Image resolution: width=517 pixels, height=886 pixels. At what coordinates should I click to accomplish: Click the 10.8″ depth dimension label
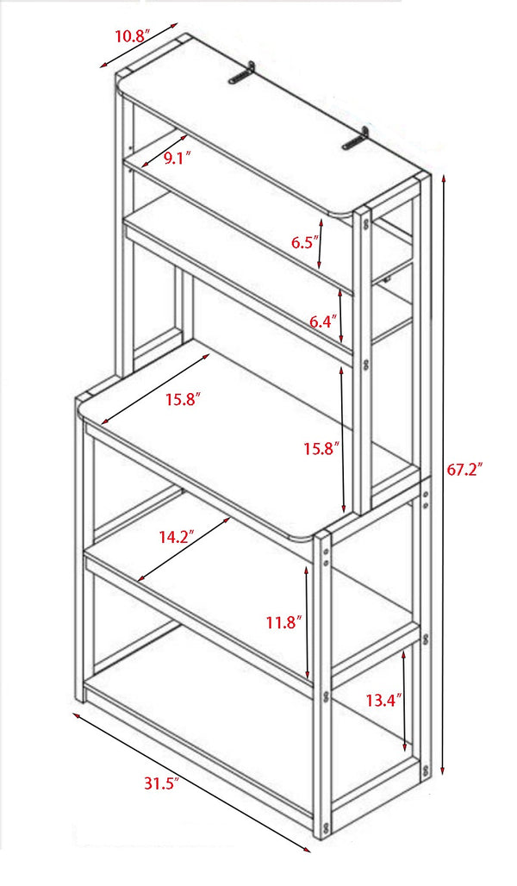pyautogui.click(x=133, y=35)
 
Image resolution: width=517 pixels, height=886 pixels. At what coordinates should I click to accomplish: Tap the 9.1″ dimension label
pyautogui.click(x=178, y=157)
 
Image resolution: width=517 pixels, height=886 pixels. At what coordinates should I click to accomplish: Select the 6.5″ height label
pyautogui.click(x=304, y=242)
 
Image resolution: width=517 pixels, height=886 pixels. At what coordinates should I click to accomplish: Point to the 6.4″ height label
pyautogui.click(x=324, y=322)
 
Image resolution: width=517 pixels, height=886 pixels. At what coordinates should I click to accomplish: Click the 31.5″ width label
pyautogui.click(x=160, y=783)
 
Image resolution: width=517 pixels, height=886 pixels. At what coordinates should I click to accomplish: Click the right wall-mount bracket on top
pyautogui.click(x=356, y=139)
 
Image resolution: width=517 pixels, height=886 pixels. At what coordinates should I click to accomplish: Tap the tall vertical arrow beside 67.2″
pyautogui.click(x=443, y=474)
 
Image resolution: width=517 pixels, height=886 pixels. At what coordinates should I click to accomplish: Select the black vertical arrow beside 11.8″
pyautogui.click(x=308, y=620)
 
